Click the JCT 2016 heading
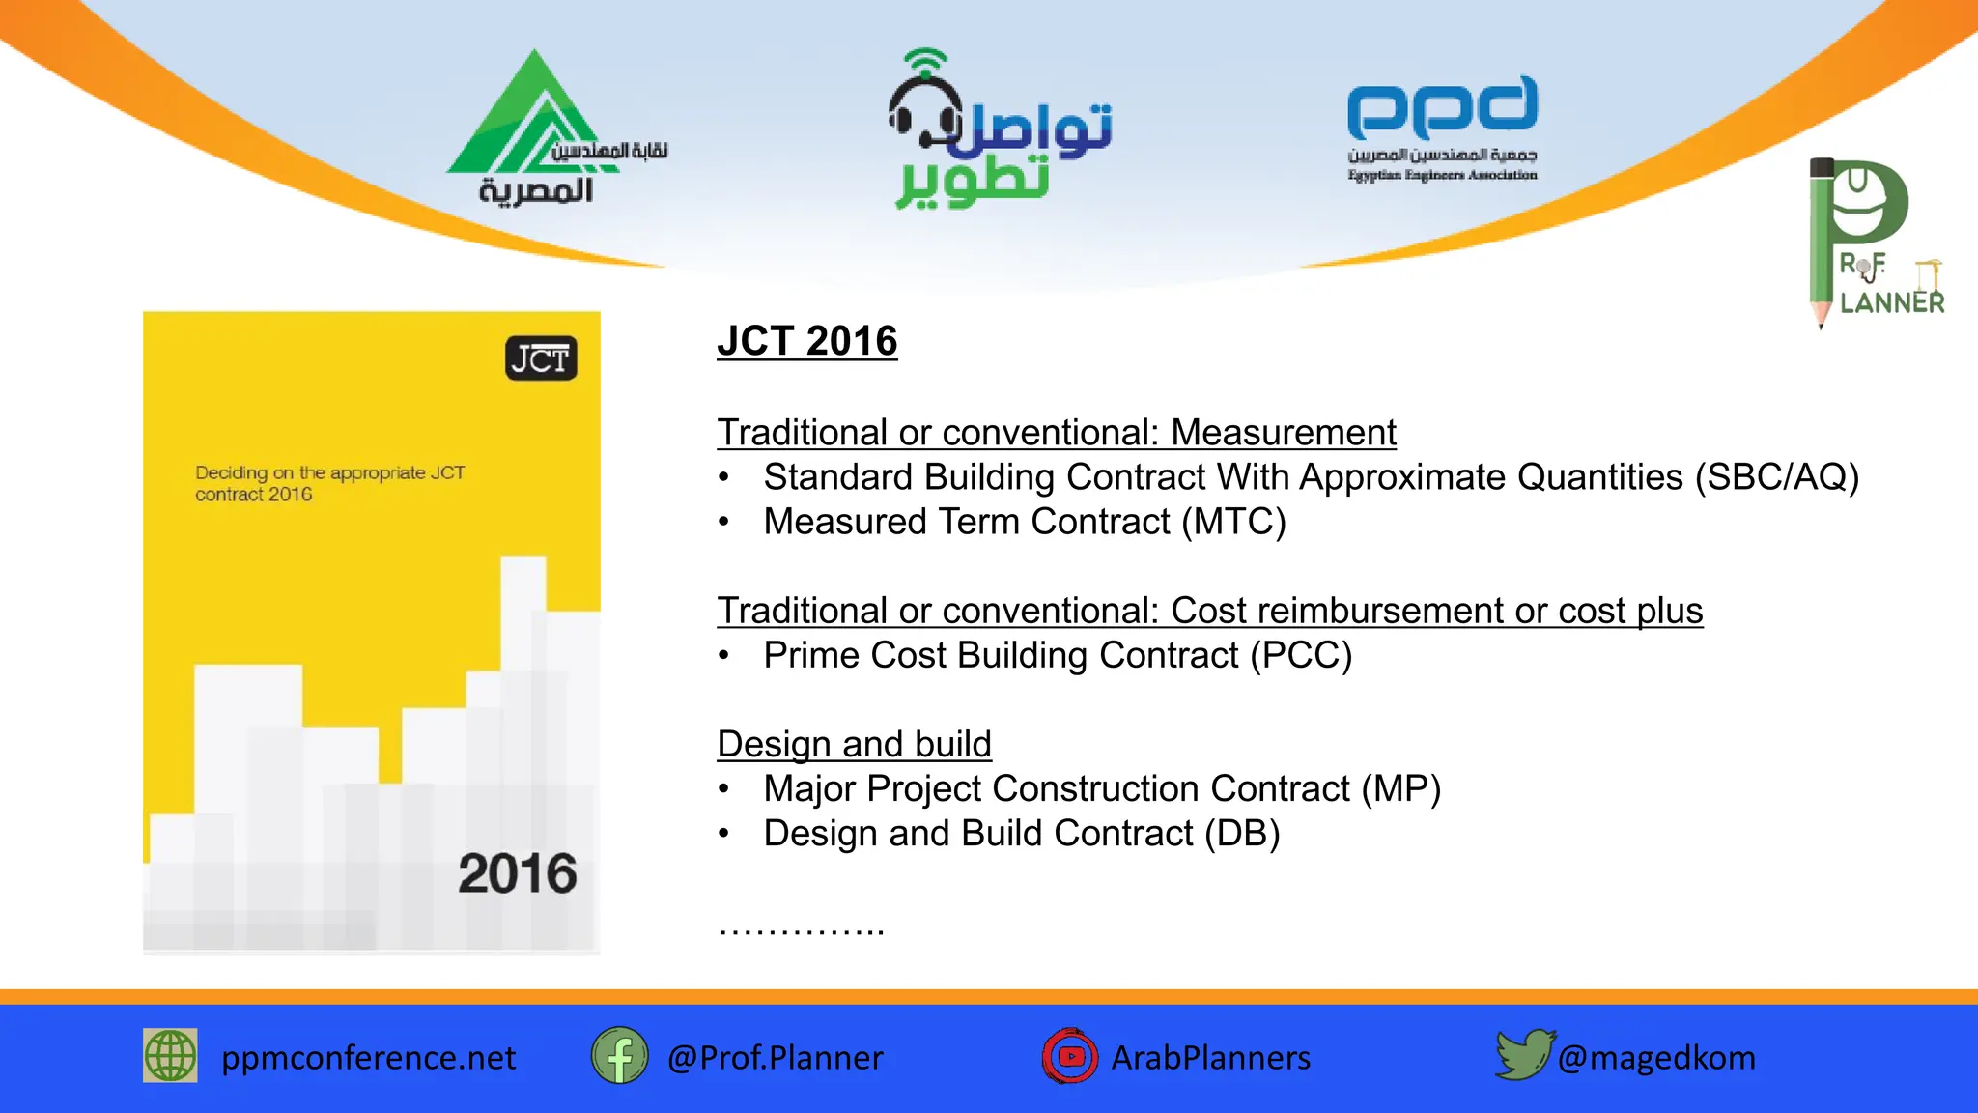tap(806, 341)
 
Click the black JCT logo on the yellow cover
tap(541, 358)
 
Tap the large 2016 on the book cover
tap(517, 873)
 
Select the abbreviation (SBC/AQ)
tap(1777, 477)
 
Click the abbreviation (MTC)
tap(1234, 522)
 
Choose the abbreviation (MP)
tap(1400, 788)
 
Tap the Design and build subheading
tap(854, 744)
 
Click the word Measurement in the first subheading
tap(1283, 432)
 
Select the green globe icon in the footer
tap(170, 1055)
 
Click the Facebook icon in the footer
tap(619, 1055)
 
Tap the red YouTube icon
tap(1069, 1056)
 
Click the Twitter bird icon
tap(1522, 1053)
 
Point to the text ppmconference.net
tap(368, 1057)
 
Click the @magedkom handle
tap(1656, 1057)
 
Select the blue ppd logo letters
tap(1442, 108)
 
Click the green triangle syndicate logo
tap(526, 121)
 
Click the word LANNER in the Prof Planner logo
tap(1891, 302)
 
